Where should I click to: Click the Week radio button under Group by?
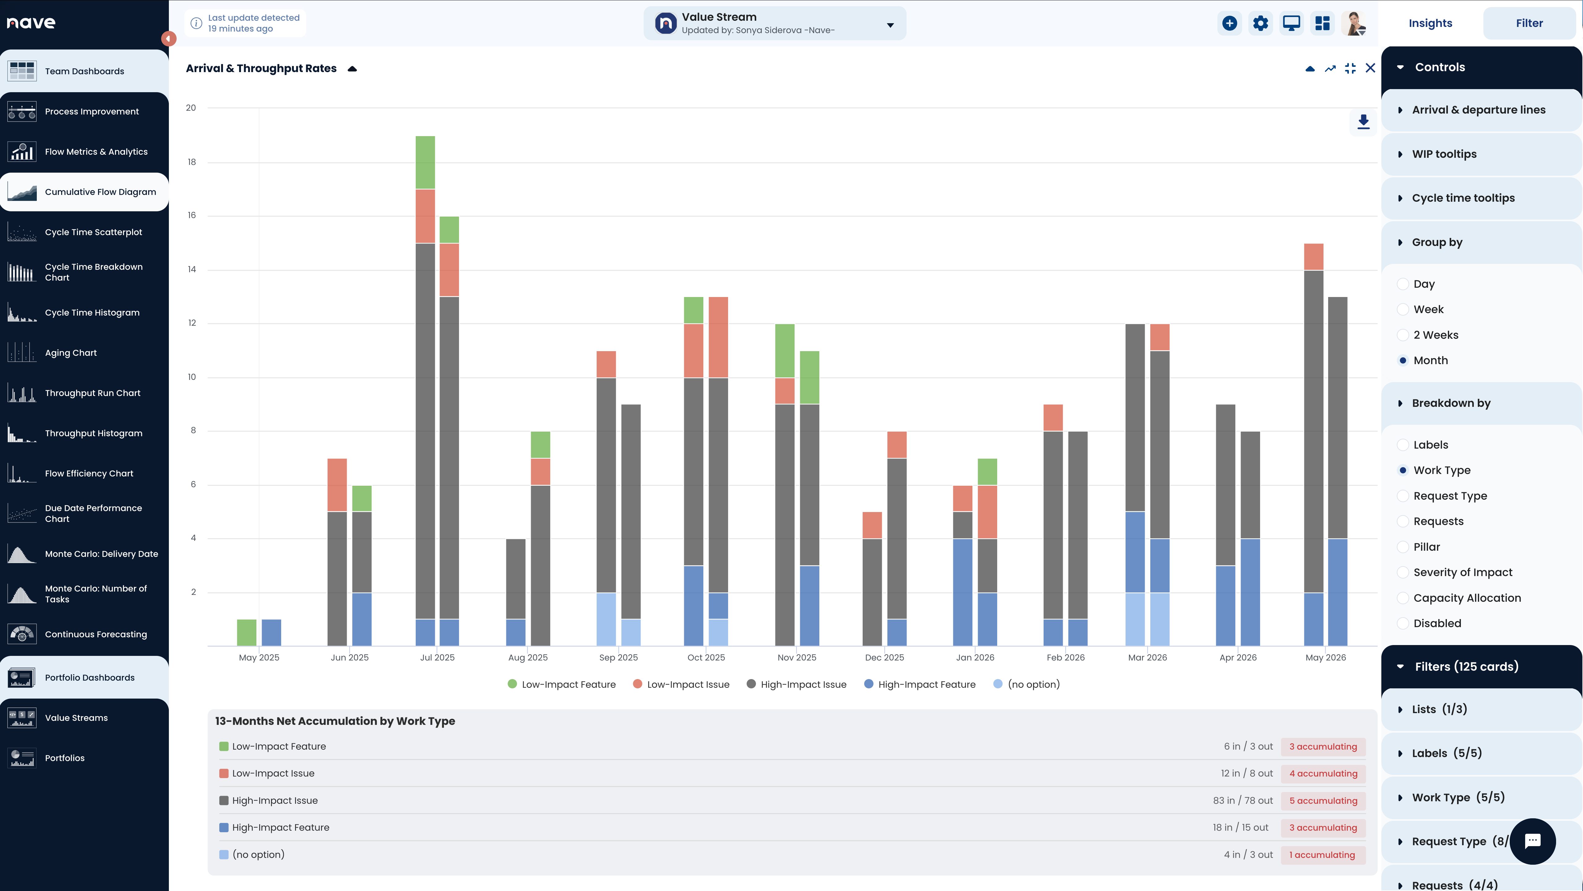click(x=1403, y=310)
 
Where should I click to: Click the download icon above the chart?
click(x=1363, y=122)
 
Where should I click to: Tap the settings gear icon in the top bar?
click(x=1260, y=23)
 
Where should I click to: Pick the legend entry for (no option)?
click(x=1027, y=685)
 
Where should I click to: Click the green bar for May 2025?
click(x=247, y=632)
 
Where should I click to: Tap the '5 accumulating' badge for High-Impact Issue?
click(x=1323, y=801)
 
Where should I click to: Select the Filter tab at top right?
click(x=1529, y=23)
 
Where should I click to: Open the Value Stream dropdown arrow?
click(x=890, y=25)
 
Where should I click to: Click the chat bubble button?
click(x=1533, y=841)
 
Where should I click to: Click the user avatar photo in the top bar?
click(x=1354, y=23)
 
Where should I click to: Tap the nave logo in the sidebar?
click(x=31, y=23)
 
